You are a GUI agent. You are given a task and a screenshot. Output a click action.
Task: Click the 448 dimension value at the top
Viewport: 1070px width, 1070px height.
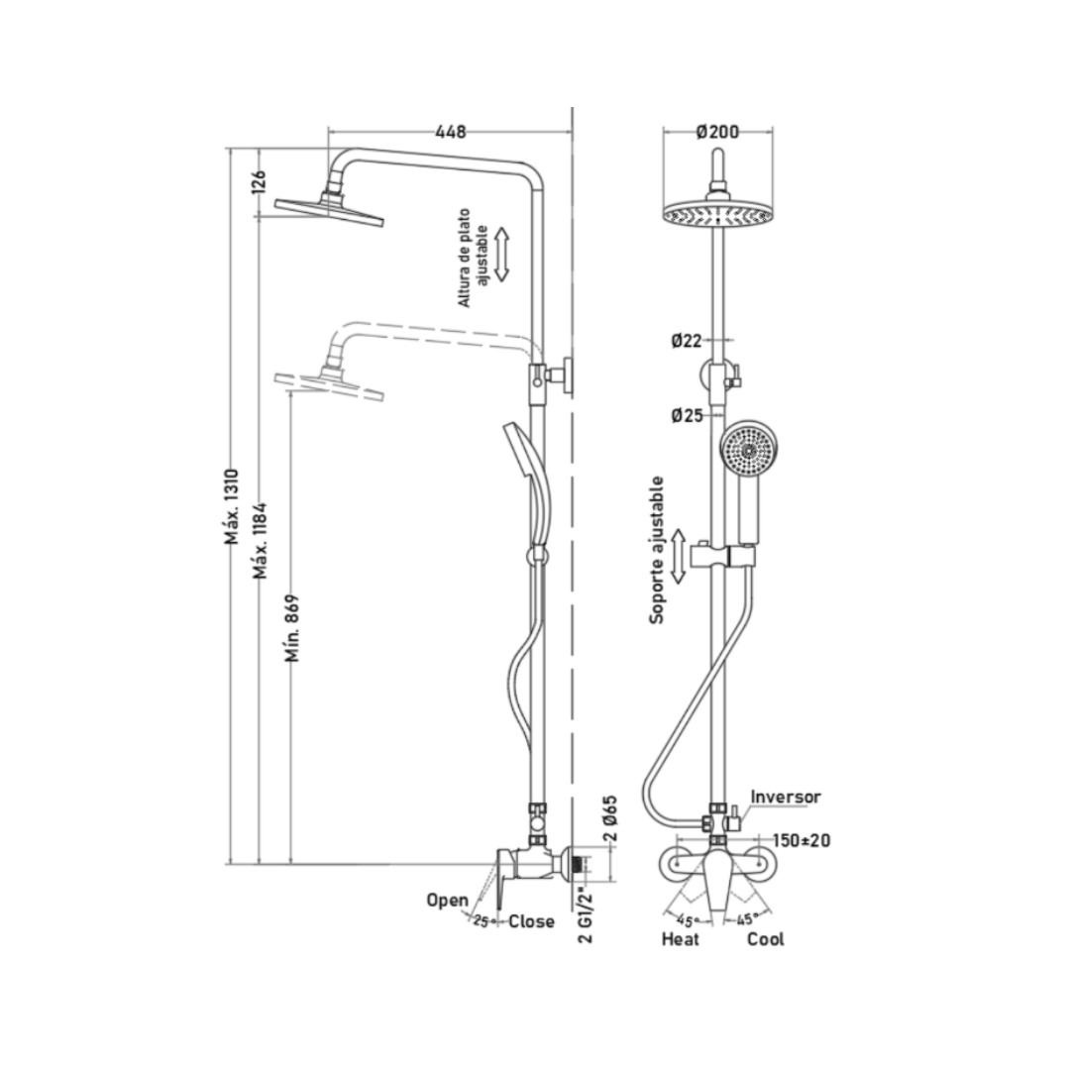tap(451, 131)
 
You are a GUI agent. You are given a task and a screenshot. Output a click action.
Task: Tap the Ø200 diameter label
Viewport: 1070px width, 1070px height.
tap(717, 131)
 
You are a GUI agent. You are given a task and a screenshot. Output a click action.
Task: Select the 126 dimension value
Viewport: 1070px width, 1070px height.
tap(260, 182)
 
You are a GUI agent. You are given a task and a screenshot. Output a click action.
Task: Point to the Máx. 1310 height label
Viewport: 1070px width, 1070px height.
tap(232, 506)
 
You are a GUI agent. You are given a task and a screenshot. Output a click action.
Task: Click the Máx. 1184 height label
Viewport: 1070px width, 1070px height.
tap(260, 541)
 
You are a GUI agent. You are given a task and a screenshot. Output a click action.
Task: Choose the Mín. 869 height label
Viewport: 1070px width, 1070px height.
tap(292, 628)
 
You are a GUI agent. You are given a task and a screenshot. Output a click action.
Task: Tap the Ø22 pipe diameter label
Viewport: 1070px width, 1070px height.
tap(686, 341)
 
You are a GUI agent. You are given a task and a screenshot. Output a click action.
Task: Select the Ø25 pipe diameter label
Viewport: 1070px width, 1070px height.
tap(687, 415)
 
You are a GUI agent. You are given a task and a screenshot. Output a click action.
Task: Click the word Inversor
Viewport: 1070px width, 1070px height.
tap(786, 797)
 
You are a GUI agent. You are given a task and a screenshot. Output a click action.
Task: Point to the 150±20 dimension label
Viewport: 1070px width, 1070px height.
tap(802, 840)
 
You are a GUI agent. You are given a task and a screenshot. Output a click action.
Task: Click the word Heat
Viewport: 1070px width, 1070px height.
tap(681, 939)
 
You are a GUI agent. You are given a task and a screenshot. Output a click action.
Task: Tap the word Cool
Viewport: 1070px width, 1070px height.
tap(766, 939)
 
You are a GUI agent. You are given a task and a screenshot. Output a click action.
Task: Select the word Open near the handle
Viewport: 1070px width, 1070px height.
tap(447, 900)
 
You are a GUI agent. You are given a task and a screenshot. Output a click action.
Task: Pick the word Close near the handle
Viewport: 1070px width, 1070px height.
tap(532, 921)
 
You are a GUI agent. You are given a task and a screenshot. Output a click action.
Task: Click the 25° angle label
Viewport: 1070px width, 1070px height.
tap(483, 921)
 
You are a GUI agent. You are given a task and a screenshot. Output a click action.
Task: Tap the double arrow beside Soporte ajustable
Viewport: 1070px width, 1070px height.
tap(678, 556)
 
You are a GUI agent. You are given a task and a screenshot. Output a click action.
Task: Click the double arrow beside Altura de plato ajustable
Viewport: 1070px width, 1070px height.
tap(502, 255)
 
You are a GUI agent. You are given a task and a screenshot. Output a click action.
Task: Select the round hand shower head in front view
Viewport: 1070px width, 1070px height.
tap(749, 451)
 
